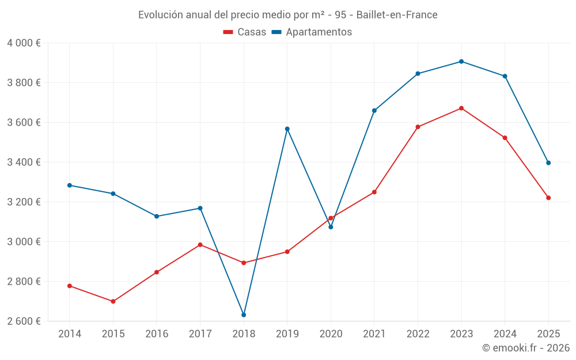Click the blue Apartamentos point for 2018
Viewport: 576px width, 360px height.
(x=244, y=315)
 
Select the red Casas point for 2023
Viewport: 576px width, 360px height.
(x=461, y=108)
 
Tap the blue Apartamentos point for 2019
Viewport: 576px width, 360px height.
(x=287, y=129)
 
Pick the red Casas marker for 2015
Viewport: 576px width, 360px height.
(x=113, y=301)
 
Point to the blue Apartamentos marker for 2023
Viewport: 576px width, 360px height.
(x=461, y=62)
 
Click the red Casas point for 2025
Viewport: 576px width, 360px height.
(x=548, y=198)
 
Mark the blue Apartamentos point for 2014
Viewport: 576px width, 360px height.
(x=70, y=185)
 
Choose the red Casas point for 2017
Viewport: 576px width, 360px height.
(x=200, y=245)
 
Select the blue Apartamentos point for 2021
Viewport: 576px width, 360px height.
(x=374, y=111)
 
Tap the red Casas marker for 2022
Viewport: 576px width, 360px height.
(x=418, y=127)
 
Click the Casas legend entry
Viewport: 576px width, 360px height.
(x=245, y=32)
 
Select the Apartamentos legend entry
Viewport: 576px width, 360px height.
(x=312, y=32)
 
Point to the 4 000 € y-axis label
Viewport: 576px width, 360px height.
(x=24, y=43)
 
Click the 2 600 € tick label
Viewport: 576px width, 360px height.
(x=24, y=321)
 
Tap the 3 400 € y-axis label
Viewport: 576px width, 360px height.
(x=24, y=162)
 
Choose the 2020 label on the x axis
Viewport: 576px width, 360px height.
(x=331, y=334)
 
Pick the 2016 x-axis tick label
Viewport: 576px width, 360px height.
(x=157, y=334)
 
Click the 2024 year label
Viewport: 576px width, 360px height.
(x=505, y=334)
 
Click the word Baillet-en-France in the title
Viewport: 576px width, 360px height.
(x=397, y=14)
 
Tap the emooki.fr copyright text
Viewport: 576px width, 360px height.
(x=526, y=348)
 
